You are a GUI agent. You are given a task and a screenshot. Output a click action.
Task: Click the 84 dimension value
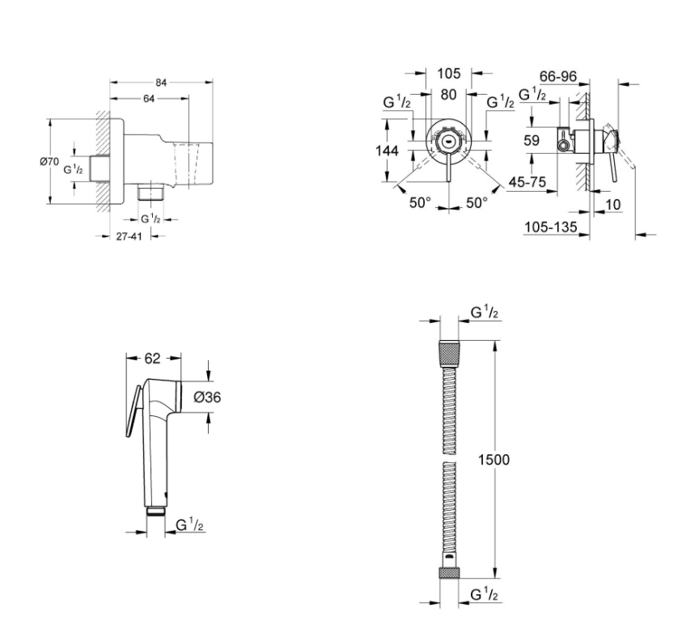(x=161, y=83)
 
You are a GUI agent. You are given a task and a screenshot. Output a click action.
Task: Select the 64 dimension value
(x=149, y=99)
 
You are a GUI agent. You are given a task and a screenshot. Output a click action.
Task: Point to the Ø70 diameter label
(x=49, y=161)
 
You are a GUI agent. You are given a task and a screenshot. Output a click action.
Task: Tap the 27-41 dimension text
(x=129, y=236)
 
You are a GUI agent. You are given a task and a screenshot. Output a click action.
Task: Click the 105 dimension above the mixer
(x=448, y=74)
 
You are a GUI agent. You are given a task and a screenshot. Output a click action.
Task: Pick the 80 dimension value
(x=448, y=95)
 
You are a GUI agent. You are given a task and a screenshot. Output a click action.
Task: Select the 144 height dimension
(x=387, y=151)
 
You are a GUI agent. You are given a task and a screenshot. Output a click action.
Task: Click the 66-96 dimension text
(x=558, y=77)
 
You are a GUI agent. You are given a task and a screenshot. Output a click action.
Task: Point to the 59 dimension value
(x=532, y=141)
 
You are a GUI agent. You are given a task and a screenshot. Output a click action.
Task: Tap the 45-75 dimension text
(x=527, y=181)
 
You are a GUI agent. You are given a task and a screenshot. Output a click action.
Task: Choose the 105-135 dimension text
(x=551, y=227)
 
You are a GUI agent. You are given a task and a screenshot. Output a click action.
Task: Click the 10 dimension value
(x=613, y=204)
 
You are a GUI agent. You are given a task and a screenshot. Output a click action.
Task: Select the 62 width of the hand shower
(x=152, y=358)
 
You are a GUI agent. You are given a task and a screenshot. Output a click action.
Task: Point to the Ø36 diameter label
(x=207, y=397)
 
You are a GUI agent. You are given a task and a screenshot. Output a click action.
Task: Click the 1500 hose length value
(x=493, y=460)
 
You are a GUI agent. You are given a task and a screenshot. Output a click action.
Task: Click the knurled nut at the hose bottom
(x=449, y=573)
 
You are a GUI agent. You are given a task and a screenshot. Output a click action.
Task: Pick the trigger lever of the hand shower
(x=133, y=411)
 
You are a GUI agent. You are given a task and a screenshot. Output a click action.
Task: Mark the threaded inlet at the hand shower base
(x=155, y=511)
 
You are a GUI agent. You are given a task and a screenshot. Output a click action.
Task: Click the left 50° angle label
(x=420, y=202)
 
